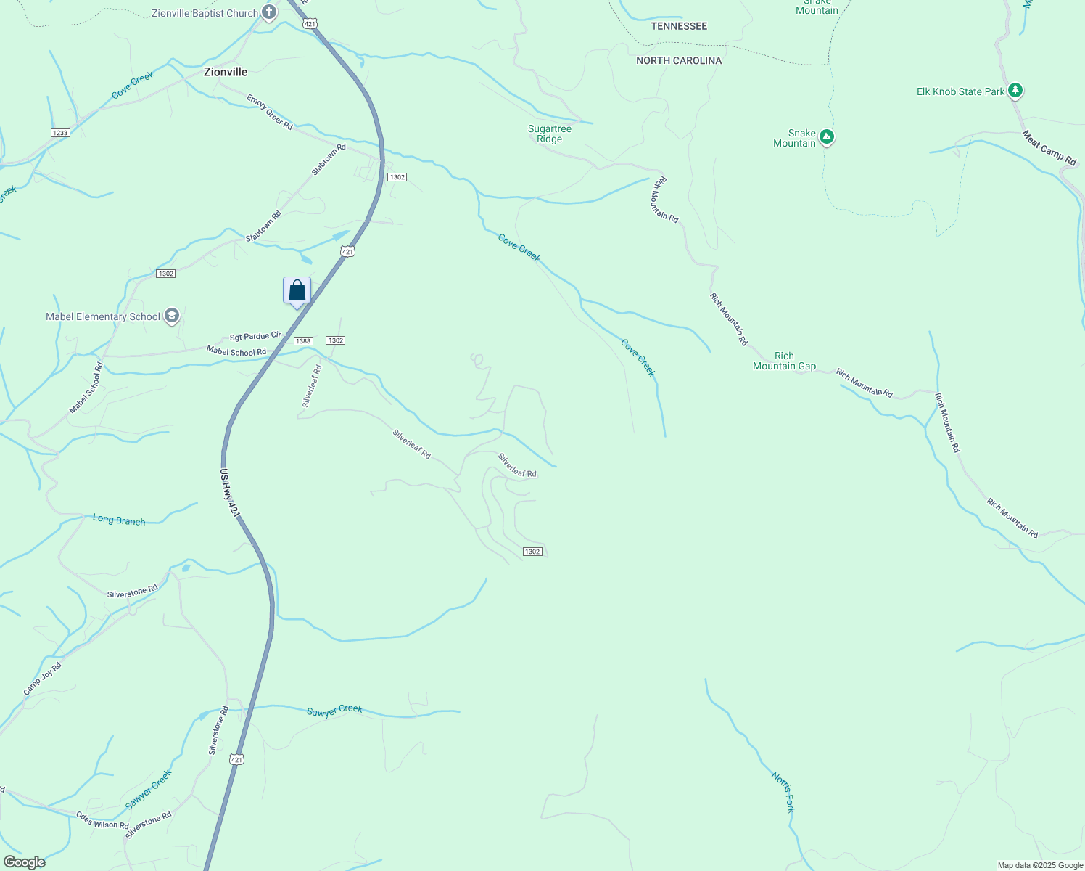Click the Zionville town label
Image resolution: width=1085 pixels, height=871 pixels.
point(226,72)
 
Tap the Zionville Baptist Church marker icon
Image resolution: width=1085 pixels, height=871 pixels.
point(269,12)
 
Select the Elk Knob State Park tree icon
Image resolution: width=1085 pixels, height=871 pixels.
point(1016,91)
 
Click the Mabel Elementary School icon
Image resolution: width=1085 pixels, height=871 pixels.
point(172,316)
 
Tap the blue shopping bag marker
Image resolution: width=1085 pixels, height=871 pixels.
point(297,291)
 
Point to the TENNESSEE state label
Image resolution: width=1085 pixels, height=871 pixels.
point(679,26)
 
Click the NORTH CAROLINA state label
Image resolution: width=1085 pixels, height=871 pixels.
point(679,60)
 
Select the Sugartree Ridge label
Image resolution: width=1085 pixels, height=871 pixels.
point(550,134)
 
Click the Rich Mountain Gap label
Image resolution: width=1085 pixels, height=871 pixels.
point(784,361)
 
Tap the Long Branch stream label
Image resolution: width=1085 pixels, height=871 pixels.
point(119,520)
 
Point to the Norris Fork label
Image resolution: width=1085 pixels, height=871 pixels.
point(784,792)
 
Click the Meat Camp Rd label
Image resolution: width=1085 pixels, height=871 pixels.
point(1049,147)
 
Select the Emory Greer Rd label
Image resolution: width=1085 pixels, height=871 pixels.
point(269,112)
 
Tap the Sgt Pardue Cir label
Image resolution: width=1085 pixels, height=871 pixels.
point(255,336)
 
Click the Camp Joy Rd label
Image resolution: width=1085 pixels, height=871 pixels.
point(42,679)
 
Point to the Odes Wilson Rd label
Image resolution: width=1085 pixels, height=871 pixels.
point(102,820)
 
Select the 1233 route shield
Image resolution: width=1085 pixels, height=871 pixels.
point(60,133)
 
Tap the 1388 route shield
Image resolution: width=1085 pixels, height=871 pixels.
point(303,341)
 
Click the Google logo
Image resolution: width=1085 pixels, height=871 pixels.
point(24,862)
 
